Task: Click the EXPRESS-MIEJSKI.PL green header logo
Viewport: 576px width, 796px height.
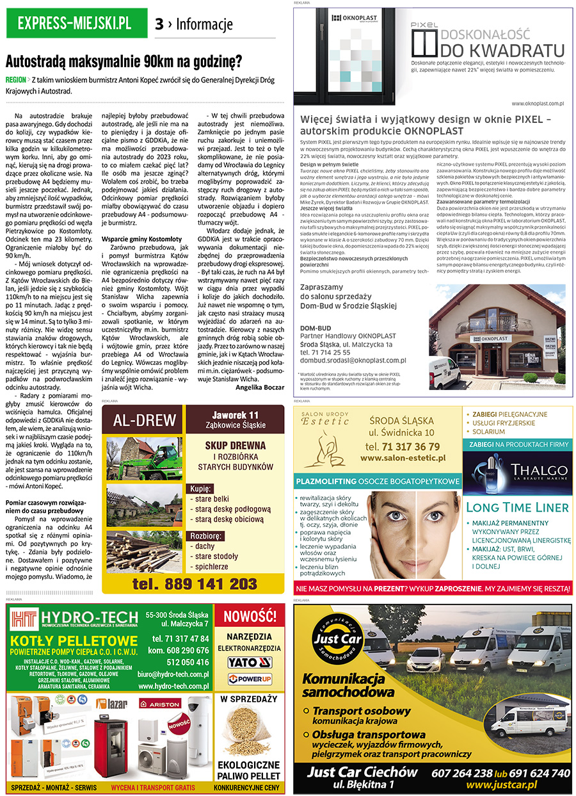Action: tap(75, 24)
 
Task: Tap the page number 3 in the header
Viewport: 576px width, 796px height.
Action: tap(159, 25)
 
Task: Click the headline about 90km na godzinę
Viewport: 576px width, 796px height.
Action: tap(124, 62)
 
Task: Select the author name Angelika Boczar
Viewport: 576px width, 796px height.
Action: tap(260, 387)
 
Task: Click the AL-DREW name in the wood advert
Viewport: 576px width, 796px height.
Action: tap(144, 420)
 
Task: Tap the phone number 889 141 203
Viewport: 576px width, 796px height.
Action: tap(195, 583)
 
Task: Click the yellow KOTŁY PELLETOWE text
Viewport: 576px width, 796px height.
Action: tap(74, 641)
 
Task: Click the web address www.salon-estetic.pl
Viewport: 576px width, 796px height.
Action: tap(403, 459)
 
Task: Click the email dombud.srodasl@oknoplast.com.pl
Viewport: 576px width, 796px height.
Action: tap(353, 361)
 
